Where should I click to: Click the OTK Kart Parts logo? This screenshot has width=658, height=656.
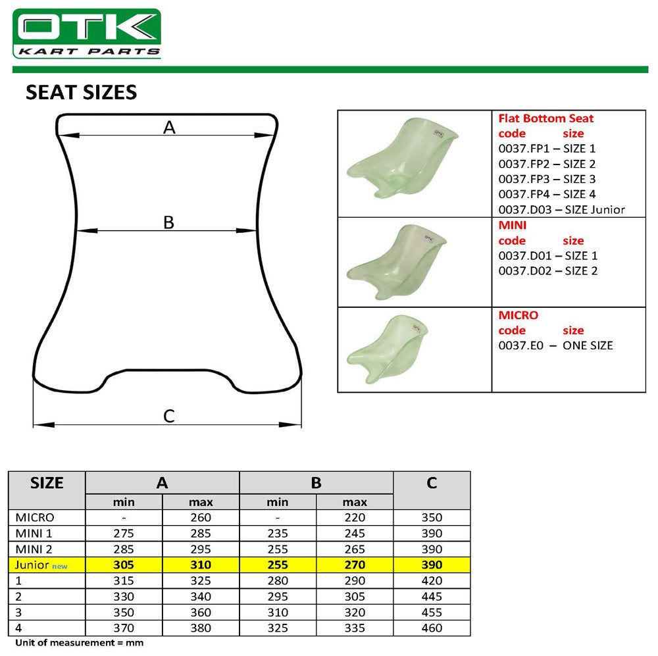[87, 34]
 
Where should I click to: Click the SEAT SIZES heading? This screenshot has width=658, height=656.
[81, 92]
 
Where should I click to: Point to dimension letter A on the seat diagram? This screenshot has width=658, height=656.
[169, 128]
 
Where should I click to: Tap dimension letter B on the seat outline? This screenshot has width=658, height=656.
[168, 222]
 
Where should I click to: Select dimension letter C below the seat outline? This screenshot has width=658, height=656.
[168, 416]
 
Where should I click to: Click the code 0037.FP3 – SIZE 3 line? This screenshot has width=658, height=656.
[547, 179]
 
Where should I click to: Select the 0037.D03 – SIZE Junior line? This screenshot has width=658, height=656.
[561, 210]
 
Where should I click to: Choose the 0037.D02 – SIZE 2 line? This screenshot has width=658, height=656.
[547, 270]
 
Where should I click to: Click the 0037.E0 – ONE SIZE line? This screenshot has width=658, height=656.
[555, 345]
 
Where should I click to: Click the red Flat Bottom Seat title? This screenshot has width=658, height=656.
[545, 118]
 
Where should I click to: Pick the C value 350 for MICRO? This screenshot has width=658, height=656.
[432, 518]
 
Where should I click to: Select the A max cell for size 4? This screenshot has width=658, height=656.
[201, 628]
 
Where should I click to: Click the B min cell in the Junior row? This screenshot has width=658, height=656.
[277, 565]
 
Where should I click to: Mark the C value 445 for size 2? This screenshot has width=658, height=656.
[432, 596]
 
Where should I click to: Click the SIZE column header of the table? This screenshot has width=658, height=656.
[47, 483]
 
